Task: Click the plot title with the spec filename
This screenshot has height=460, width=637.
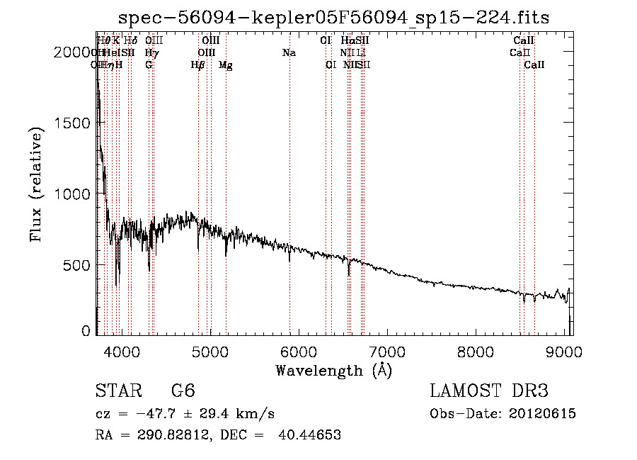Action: (x=334, y=17)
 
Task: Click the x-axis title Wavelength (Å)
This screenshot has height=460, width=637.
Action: (x=334, y=370)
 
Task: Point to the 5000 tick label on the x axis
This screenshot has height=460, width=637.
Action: (x=210, y=351)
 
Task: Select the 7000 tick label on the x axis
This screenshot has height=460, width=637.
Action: (x=387, y=351)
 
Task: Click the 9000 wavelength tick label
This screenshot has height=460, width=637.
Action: (x=564, y=351)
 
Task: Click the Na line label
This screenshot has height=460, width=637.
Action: (x=289, y=52)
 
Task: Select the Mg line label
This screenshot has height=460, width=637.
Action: (x=225, y=65)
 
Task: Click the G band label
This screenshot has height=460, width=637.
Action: (x=149, y=65)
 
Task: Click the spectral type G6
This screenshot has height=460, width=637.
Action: (x=182, y=392)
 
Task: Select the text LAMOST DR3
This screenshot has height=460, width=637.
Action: (x=488, y=392)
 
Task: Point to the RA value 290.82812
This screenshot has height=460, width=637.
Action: (x=168, y=435)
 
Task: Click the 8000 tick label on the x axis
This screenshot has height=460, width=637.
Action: (x=476, y=351)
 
